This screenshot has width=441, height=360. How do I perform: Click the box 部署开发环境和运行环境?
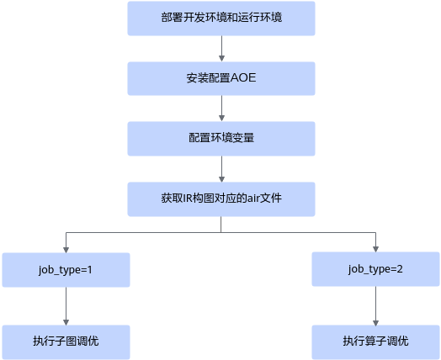coord(221,19)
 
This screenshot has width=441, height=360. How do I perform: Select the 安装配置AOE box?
coord(221,79)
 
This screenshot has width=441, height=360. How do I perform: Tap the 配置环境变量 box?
coord(221,139)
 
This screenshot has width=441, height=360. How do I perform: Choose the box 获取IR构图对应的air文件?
coord(221,199)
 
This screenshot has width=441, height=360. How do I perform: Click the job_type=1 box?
coord(66,270)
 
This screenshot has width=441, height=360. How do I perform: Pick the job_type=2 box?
coord(375,269)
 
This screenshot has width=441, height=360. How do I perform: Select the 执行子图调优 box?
coord(66,342)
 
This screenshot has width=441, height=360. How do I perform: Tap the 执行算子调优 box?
coord(375,342)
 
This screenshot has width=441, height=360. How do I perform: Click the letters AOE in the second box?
coord(243,78)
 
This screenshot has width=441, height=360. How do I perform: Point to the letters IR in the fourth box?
coord(188,199)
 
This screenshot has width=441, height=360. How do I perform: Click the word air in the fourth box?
coord(253,199)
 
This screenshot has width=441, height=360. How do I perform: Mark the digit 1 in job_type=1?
coord(90,270)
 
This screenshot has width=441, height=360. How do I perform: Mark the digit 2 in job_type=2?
coord(400,269)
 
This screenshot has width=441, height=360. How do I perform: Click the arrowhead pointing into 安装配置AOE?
coord(221,58)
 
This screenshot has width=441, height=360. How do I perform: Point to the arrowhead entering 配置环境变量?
coord(221,119)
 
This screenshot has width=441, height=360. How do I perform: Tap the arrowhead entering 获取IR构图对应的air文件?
coord(221,179)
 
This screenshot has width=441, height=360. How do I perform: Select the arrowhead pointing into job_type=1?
coord(66,250)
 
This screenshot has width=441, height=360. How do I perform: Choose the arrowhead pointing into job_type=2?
coord(375,249)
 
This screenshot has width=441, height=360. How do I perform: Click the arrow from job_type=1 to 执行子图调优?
coord(66,306)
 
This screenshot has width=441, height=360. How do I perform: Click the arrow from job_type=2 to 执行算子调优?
coord(375,306)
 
